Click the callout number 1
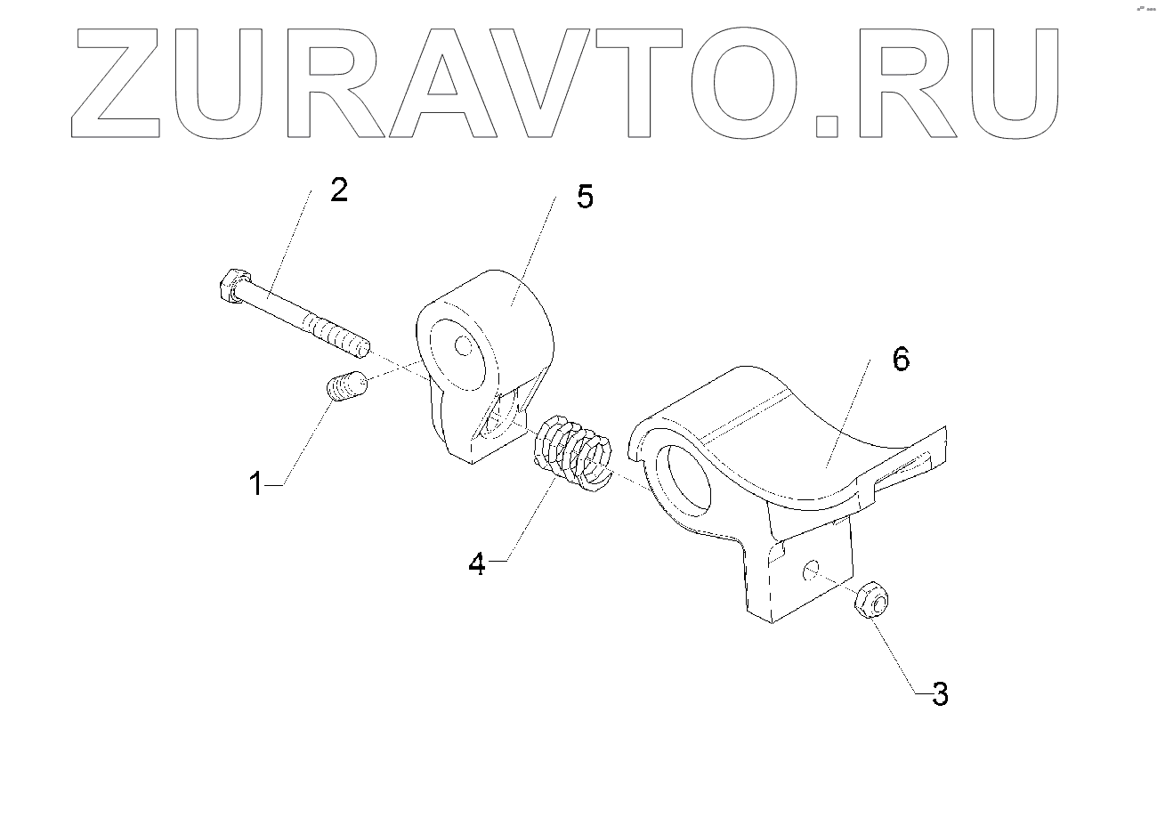coord(256,485)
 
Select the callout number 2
coord(338,190)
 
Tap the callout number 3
coord(940,693)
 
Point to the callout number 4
coord(478,563)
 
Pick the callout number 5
coord(584,197)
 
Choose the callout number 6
coord(901,360)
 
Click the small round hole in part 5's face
coord(464,344)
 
